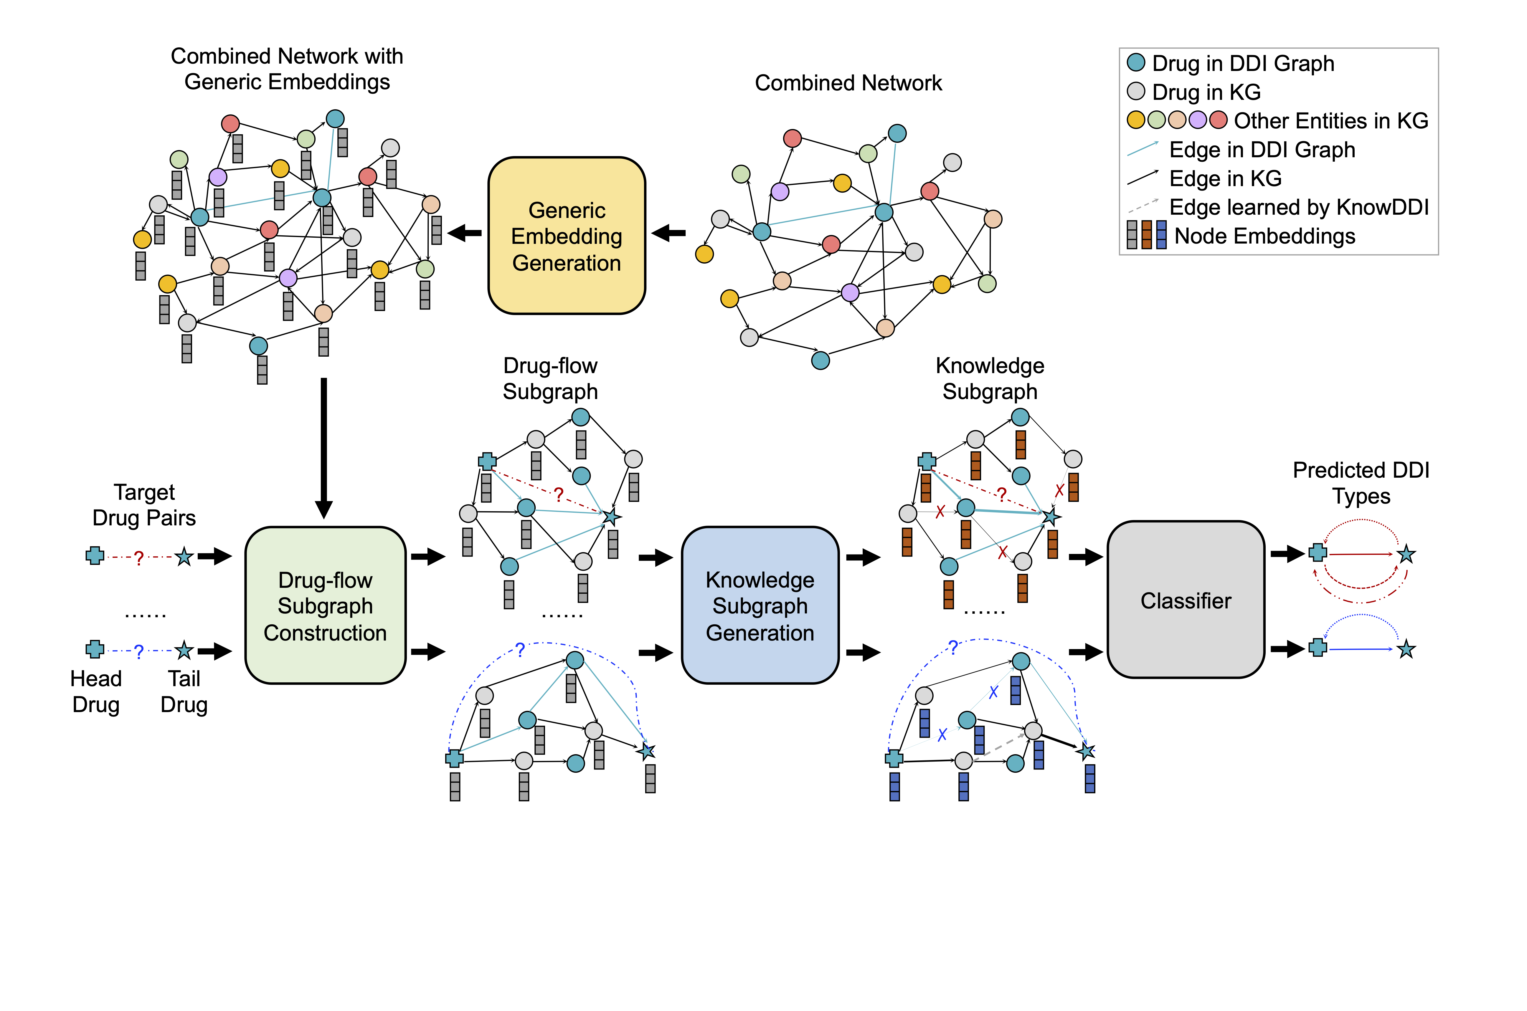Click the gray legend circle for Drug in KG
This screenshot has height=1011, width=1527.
coord(1135,92)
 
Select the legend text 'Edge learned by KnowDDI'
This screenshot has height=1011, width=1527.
coord(1299,207)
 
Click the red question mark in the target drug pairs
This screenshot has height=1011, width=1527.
coord(139,558)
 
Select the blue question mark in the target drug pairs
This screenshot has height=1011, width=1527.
coord(139,651)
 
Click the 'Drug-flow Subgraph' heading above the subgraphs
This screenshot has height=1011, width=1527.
coord(550,378)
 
